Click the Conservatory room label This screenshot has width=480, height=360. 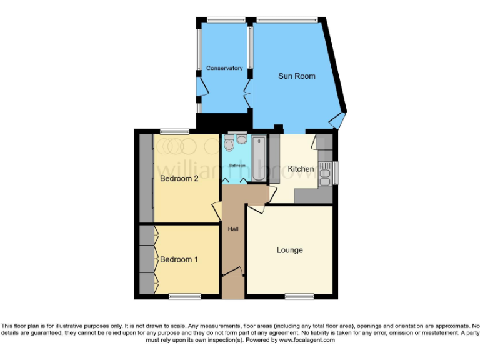pyautogui.click(x=224, y=68)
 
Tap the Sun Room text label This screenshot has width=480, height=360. pyautogui.click(x=296, y=76)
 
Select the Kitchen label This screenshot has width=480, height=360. pyautogui.click(x=301, y=169)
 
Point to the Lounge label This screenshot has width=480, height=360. pyautogui.click(x=289, y=250)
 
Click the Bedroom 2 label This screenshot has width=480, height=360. pyautogui.click(x=179, y=178)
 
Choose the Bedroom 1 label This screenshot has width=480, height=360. pyautogui.click(x=179, y=259)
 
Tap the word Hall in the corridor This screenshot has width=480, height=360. pyautogui.click(x=233, y=229)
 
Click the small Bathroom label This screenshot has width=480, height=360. pyautogui.click(x=237, y=165)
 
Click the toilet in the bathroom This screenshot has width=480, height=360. pyautogui.click(x=229, y=144)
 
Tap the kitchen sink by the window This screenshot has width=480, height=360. pyautogui.click(x=324, y=174)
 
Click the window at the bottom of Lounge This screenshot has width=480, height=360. pyautogui.click(x=301, y=296)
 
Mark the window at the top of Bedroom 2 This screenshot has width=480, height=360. pyautogui.click(x=174, y=131)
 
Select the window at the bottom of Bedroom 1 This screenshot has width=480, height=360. pyautogui.click(x=184, y=296)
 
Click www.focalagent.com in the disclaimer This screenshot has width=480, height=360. pyautogui.click(x=307, y=341)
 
